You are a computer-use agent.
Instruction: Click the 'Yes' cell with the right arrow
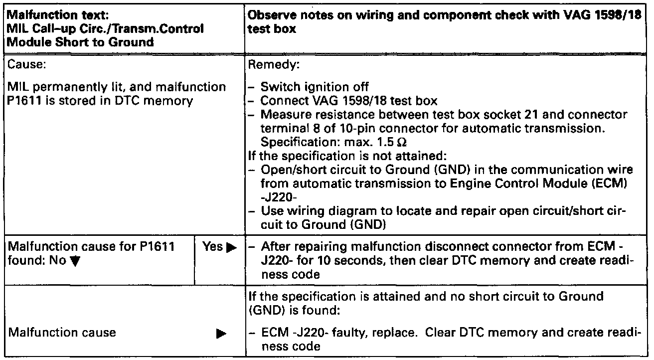(217, 246)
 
